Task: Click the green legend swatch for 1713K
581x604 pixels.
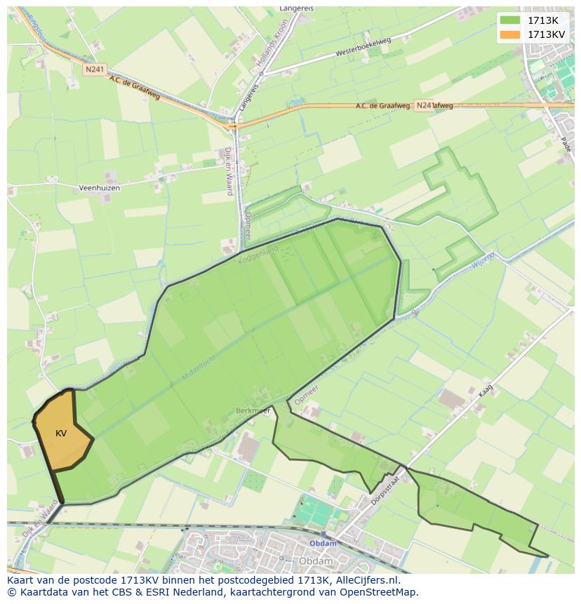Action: coord(510,20)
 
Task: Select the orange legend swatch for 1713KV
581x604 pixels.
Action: coord(510,34)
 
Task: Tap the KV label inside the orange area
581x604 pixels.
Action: coord(61,434)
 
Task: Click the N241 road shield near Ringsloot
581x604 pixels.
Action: coord(93,69)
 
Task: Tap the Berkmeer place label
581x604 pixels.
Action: coord(252,411)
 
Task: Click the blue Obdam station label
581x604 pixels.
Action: coord(323,544)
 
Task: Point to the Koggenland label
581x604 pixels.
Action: coord(258,254)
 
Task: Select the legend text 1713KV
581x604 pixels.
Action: coord(547,34)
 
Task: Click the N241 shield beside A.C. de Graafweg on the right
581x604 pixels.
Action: coord(424,105)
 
